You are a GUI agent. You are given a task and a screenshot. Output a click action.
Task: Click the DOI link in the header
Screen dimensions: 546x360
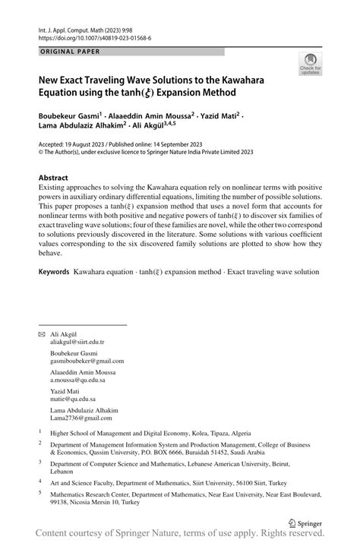[x=95, y=36]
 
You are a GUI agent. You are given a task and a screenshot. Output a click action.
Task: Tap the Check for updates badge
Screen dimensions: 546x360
[x=309, y=67]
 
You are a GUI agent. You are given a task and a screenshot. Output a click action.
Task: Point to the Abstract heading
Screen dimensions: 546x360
[x=58, y=178]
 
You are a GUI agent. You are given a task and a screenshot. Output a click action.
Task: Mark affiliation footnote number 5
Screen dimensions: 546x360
[x=40, y=492]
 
